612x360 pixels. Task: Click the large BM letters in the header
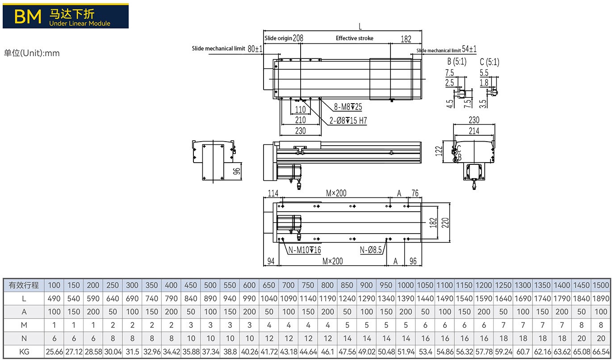pyautogui.click(x=28, y=16)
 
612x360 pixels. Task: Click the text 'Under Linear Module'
pyautogui.click(x=80, y=23)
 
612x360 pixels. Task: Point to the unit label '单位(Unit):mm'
pyautogui.click(x=32, y=53)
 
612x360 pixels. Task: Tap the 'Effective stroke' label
pyautogui.click(x=354, y=38)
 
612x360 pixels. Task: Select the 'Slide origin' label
pyautogui.click(x=278, y=38)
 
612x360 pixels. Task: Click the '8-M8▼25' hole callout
pyautogui.click(x=348, y=107)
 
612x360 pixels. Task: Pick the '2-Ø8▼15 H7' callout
pyautogui.click(x=348, y=121)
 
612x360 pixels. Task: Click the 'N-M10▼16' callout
pyautogui.click(x=304, y=250)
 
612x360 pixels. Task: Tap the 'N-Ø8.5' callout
pyautogui.click(x=371, y=250)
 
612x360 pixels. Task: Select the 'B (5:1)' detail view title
pyautogui.click(x=457, y=62)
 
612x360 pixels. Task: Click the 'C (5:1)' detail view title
pyautogui.click(x=489, y=62)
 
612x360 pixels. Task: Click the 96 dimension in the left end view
pyautogui.click(x=237, y=170)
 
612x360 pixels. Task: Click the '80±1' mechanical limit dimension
pyautogui.click(x=255, y=48)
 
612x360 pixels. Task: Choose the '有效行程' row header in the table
pyautogui.click(x=24, y=285)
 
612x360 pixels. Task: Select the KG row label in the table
pyautogui.click(x=24, y=352)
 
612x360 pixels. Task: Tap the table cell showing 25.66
pyautogui.click(x=54, y=352)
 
